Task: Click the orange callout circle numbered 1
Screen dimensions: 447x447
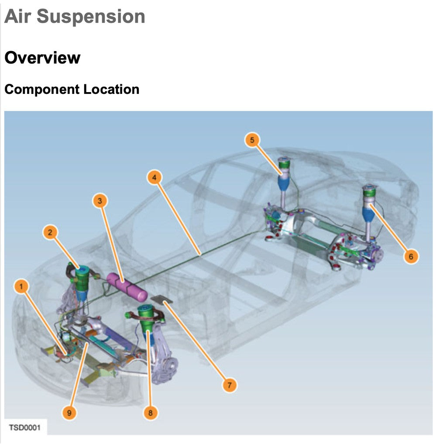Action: point(21,287)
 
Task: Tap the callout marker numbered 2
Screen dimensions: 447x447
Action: point(50,233)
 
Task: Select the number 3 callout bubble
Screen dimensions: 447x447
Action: point(100,201)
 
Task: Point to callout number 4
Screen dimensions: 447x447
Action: point(154,178)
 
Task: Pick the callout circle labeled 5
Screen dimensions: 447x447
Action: point(252,140)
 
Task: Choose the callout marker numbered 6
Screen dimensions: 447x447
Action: point(410,256)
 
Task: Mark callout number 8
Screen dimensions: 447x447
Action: point(151,413)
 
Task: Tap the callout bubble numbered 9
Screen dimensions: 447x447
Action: point(69,412)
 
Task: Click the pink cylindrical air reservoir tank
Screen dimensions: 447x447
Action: point(127,287)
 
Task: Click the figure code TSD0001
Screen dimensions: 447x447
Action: point(25,427)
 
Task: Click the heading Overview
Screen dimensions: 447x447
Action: point(42,58)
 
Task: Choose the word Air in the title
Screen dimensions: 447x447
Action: point(18,17)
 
